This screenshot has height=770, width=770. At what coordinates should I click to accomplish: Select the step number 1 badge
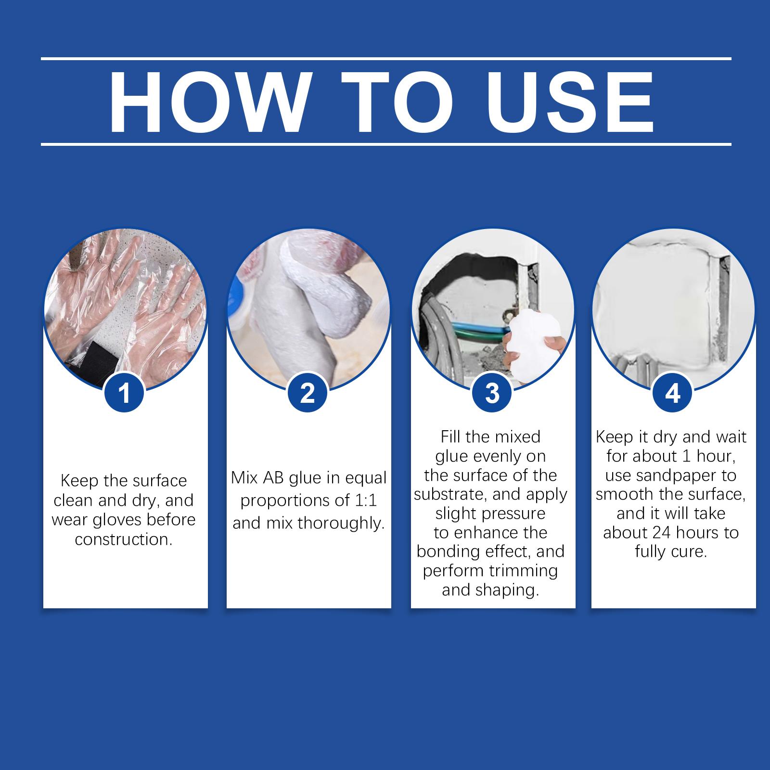pos(124,394)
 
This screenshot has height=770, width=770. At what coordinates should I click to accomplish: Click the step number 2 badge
pos(308,394)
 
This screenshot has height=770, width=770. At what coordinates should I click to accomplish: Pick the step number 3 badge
pos(492,394)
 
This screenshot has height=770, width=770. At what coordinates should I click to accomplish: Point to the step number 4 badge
pos(673,394)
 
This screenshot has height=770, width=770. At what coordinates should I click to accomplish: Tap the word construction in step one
pos(124,539)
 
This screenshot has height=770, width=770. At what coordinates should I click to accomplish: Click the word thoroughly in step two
pos(341,523)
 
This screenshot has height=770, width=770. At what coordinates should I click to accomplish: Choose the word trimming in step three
pos(524,571)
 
